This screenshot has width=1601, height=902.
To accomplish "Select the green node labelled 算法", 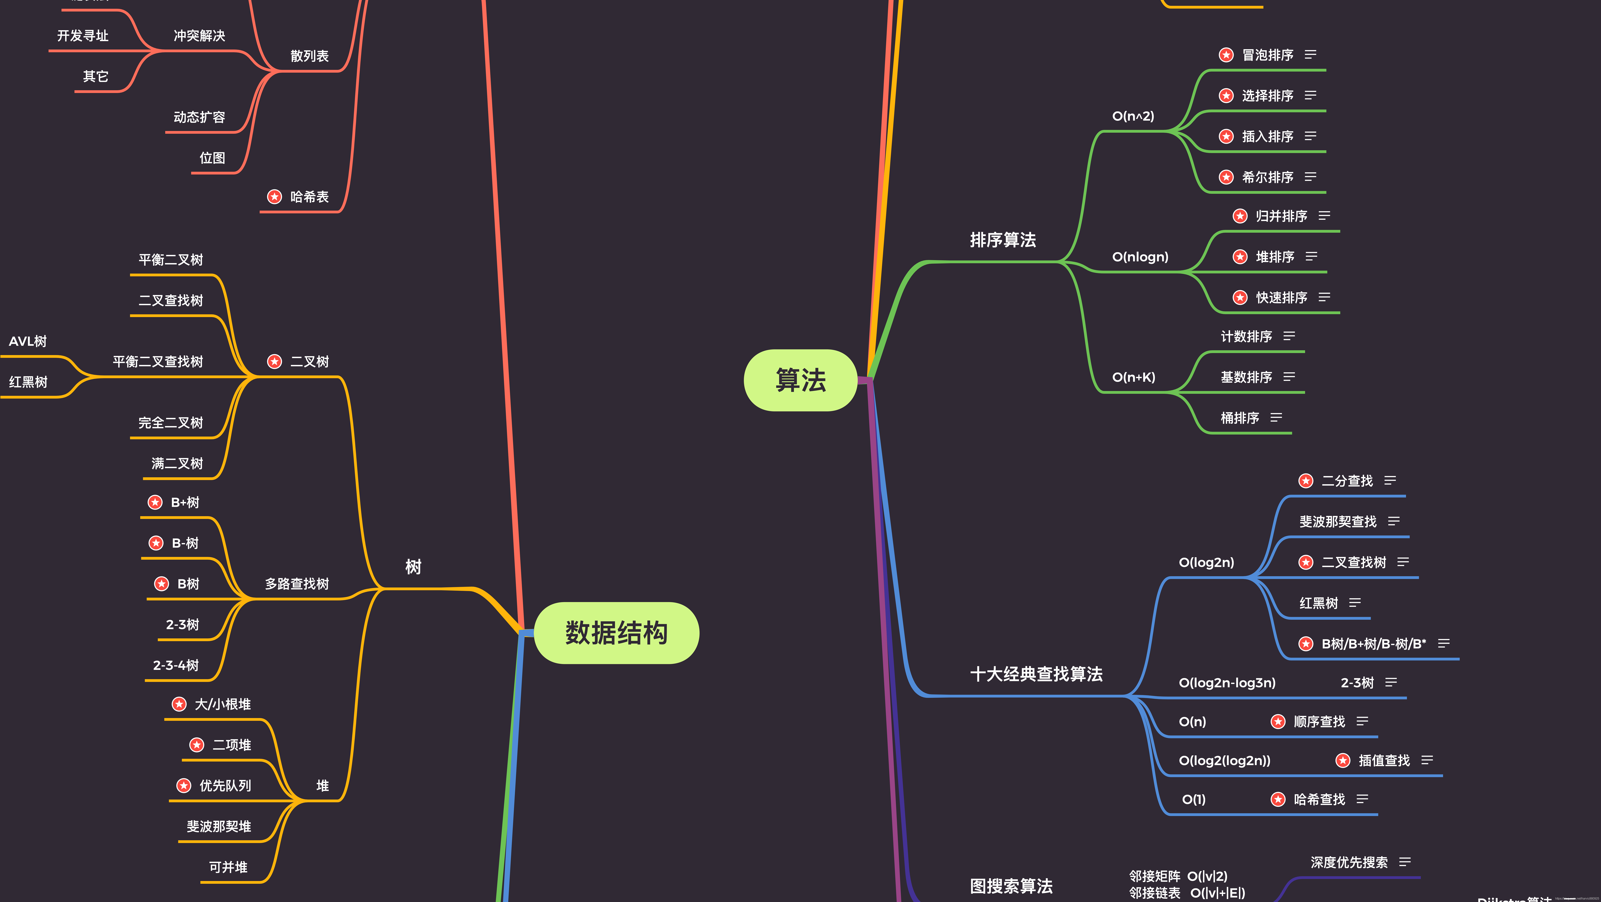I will [x=800, y=380].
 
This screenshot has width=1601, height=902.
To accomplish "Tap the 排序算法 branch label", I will [x=1003, y=240].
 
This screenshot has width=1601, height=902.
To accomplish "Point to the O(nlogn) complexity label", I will [x=1140, y=257].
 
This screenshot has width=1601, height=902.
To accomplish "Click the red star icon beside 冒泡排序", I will [x=1226, y=55].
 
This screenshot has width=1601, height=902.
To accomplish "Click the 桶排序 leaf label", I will [x=1239, y=418].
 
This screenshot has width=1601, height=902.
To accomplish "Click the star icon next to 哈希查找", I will [x=1278, y=799].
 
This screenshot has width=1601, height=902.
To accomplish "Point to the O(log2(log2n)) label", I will [x=1224, y=760].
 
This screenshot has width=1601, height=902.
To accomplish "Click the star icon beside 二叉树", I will [x=274, y=361].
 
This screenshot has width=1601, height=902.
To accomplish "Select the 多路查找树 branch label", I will [x=296, y=584].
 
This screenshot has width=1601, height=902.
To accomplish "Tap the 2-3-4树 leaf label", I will [x=176, y=665].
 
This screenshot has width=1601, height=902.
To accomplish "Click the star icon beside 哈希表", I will [x=274, y=196].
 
